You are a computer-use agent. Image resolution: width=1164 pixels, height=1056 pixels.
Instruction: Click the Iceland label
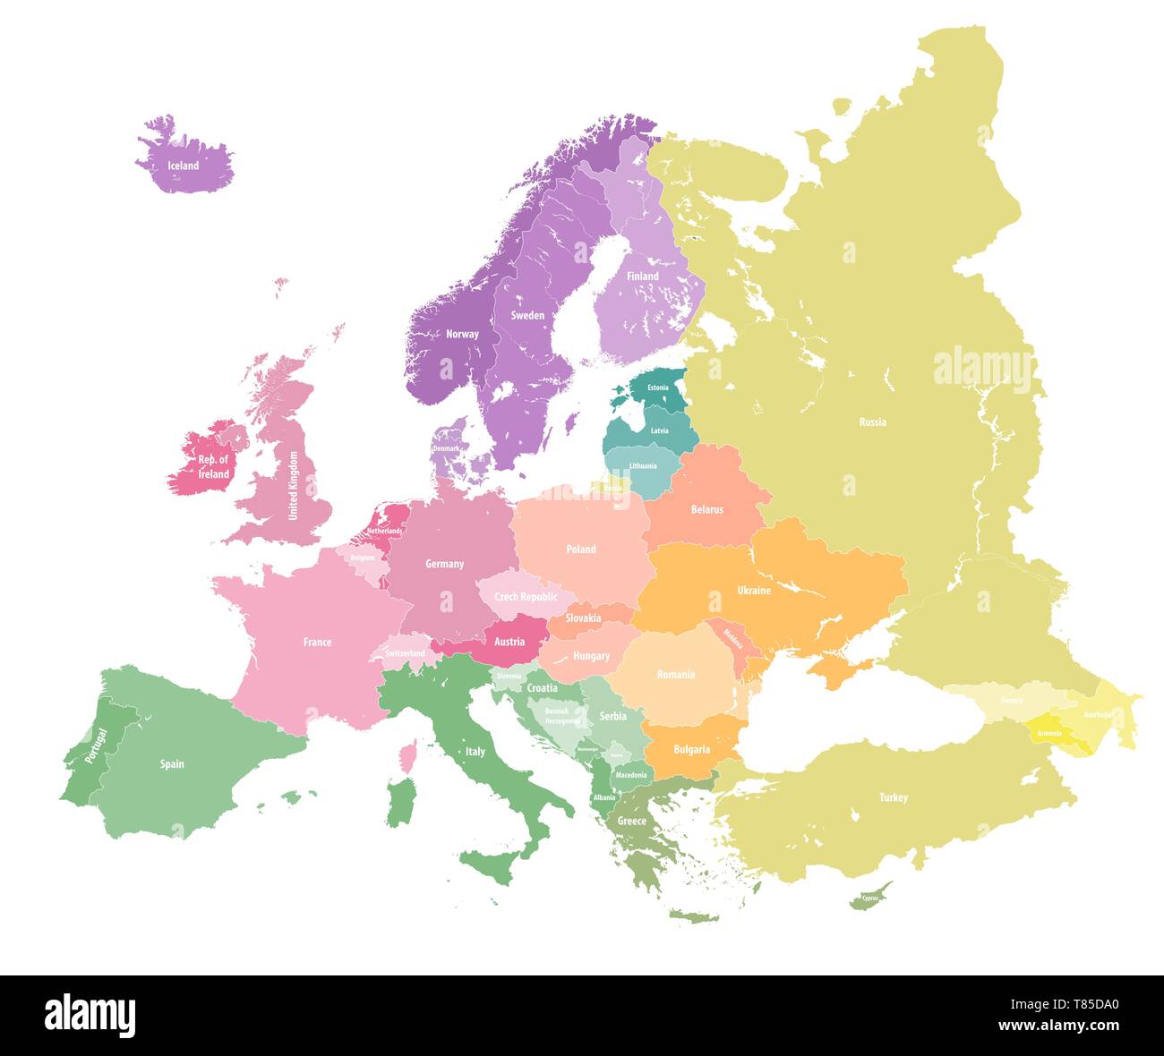[184, 166]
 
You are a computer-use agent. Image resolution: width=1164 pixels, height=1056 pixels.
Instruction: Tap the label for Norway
[462, 334]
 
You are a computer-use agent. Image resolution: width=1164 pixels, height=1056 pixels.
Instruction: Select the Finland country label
[642, 276]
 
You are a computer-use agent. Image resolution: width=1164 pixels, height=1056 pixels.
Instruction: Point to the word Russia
[872, 422]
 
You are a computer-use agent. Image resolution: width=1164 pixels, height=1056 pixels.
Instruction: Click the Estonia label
[658, 387]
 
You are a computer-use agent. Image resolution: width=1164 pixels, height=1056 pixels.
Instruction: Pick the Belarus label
[706, 509]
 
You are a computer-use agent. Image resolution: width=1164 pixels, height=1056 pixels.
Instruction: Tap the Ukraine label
[753, 590]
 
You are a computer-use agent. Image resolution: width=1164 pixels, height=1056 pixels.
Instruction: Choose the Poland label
[580, 549]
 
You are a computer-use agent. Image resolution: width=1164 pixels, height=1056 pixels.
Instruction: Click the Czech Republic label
[526, 597]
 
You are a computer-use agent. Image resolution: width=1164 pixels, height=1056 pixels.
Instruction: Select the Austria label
[509, 642]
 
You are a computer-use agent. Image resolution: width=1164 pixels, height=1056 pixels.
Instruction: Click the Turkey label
[893, 797]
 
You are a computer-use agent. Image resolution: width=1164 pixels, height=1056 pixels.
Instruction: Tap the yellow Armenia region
[1049, 732]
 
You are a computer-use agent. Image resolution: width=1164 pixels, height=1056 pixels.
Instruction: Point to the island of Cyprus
[869, 897]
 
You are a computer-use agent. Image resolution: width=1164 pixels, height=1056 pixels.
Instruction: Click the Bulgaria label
[691, 749]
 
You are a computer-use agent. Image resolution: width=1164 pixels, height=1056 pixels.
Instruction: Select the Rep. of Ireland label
[213, 467]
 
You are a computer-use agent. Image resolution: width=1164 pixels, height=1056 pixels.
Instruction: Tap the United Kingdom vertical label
[293, 485]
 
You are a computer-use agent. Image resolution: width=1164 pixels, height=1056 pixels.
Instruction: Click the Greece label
[631, 821]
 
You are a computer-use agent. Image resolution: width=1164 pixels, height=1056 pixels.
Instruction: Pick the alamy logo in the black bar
[90, 1016]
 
